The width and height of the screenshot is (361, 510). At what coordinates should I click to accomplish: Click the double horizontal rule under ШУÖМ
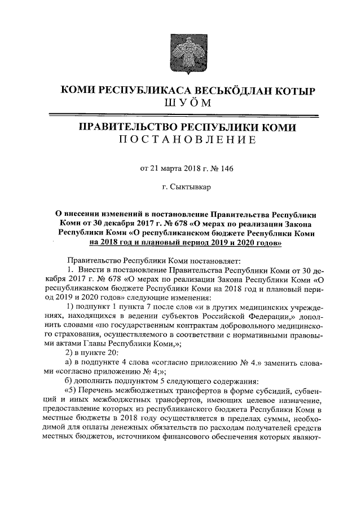[x=180, y=116]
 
